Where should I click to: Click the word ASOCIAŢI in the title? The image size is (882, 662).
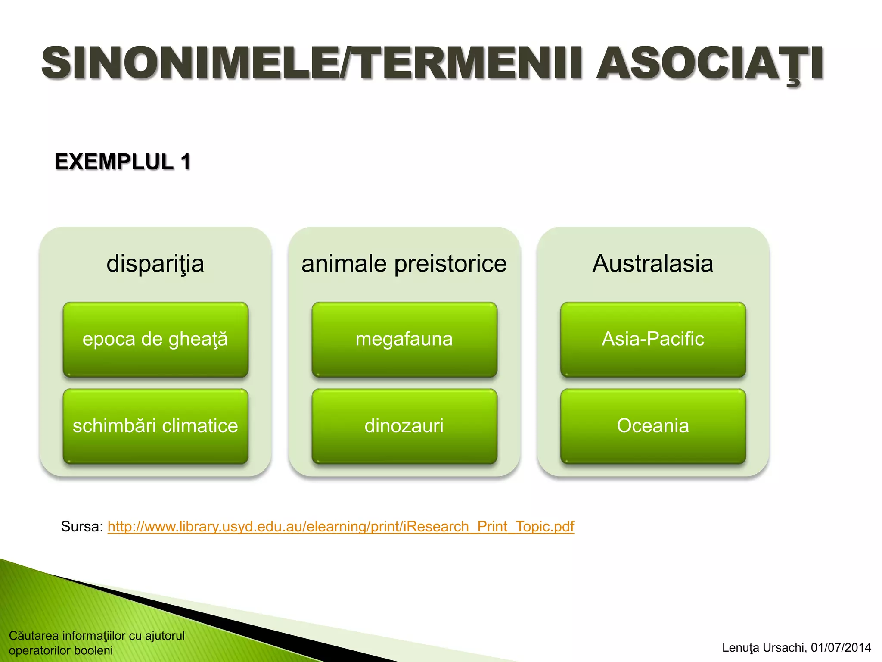click(710, 64)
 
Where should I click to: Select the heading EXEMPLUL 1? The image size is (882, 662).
click(122, 162)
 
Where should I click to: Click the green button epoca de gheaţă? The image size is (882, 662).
click(155, 340)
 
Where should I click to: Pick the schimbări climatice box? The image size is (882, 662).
click(155, 426)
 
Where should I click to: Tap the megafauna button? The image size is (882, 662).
click(404, 340)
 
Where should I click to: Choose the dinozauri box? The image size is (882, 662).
click(404, 426)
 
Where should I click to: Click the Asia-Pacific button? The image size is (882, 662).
click(653, 340)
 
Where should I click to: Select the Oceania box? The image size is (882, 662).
click(653, 426)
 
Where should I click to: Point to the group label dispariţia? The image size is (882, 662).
click(155, 264)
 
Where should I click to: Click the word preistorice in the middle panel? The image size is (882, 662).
click(450, 264)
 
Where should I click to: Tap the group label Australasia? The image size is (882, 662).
click(653, 264)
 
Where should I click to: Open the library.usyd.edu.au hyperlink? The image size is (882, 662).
click(341, 527)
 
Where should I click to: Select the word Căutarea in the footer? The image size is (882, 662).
click(34, 636)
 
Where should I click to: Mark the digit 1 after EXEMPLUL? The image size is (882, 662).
click(186, 162)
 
